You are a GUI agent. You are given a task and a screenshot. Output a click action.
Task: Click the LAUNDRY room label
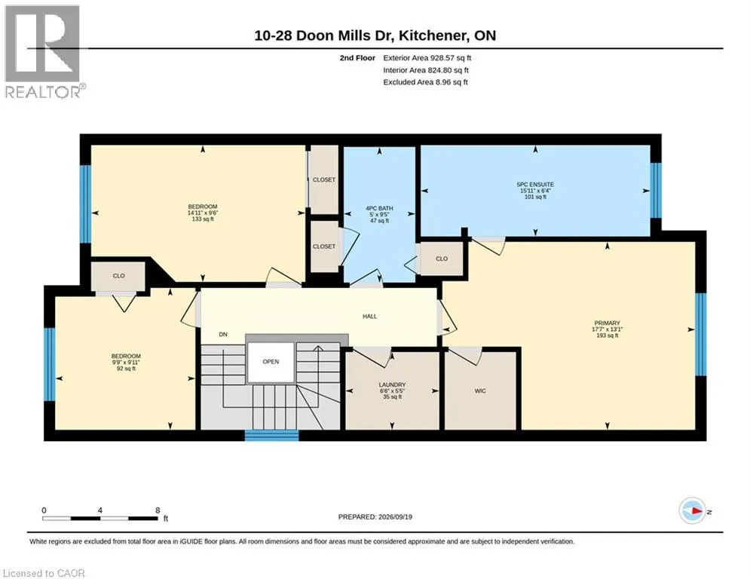392,384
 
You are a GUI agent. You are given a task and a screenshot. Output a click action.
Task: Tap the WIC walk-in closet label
480,391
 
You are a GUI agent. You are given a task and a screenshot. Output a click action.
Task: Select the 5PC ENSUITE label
535,184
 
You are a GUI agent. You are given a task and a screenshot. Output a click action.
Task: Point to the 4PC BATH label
379,208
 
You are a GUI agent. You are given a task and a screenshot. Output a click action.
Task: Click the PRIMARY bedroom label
607,323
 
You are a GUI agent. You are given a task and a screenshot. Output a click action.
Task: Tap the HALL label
370,317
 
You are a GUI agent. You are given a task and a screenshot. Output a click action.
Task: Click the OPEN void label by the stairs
271,362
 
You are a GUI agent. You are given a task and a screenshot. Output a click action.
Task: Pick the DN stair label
223,335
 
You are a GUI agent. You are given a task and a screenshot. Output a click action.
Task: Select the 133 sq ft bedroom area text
203,219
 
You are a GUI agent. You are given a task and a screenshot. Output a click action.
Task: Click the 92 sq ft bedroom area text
127,369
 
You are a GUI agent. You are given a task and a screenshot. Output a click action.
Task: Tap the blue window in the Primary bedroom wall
701,334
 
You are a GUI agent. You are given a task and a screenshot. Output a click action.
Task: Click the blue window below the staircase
271,436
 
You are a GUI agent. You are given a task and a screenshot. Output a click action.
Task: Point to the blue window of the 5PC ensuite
656,191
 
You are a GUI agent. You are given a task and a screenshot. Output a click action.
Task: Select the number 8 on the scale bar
158,510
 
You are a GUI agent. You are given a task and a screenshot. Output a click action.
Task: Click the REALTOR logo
44,52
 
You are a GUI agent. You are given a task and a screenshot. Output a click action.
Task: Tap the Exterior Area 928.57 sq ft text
427,58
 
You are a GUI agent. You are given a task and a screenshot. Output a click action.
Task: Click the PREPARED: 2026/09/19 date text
375,516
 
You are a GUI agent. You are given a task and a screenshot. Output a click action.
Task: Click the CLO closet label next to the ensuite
442,259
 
